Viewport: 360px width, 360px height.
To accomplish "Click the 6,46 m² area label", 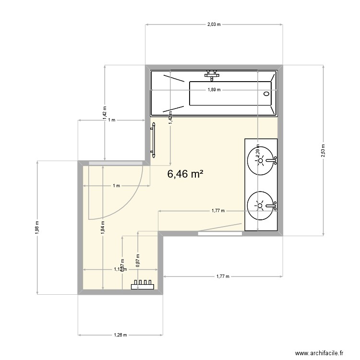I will pyautogui.click(x=185, y=175).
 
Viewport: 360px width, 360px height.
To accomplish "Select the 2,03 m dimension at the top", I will pyautogui.click(x=214, y=24).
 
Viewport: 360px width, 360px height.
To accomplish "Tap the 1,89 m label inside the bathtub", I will pyautogui.click(x=214, y=90).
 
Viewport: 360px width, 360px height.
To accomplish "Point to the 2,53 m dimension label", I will pyautogui.click(x=324, y=150).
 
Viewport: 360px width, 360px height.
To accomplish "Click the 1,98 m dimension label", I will pyautogui.click(x=37, y=227).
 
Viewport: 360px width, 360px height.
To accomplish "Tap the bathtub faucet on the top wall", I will pyautogui.click(x=211, y=73).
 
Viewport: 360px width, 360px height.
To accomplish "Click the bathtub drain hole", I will pyautogui.click(x=267, y=94).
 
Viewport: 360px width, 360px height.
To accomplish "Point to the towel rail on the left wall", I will pyautogui.click(x=154, y=140).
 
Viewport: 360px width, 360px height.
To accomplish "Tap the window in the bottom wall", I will pyautogui.click(x=220, y=233).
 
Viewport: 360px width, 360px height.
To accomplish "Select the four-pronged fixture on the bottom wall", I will pyautogui.click(x=143, y=286).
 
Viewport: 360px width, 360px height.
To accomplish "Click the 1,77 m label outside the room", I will pyautogui.click(x=221, y=276).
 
